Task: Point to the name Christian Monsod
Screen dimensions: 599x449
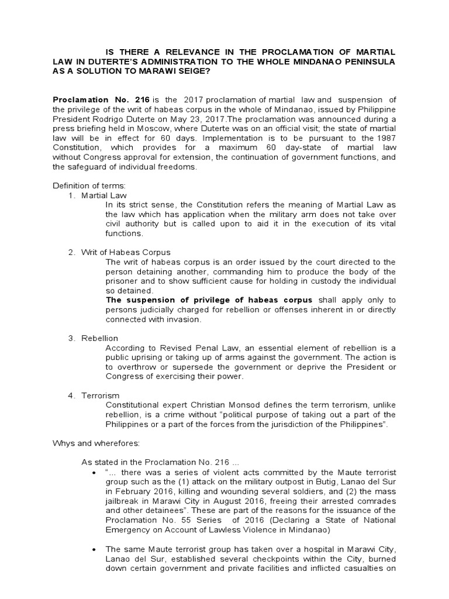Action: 209,405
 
